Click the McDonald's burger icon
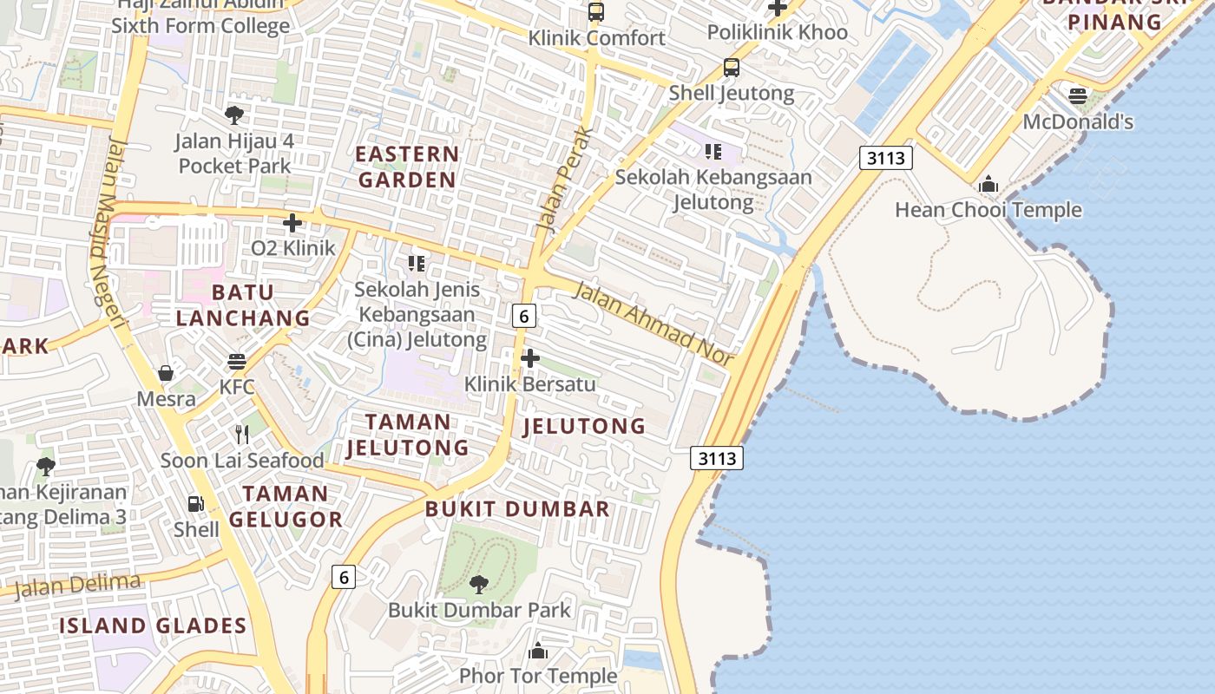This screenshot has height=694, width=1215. click(x=1078, y=96)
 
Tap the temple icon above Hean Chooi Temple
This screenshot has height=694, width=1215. click(x=988, y=185)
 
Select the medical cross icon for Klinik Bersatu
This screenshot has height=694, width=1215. click(x=529, y=358)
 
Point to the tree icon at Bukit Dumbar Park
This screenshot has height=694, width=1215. click(x=478, y=584)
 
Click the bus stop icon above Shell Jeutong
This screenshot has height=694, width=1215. click(x=732, y=68)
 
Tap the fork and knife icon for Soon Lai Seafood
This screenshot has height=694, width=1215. click(x=242, y=435)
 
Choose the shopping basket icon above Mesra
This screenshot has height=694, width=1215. click(x=166, y=373)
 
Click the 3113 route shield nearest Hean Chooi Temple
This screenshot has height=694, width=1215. click(x=886, y=158)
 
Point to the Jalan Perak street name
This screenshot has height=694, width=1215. click(x=564, y=180)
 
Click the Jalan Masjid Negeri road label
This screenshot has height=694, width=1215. click(x=108, y=234)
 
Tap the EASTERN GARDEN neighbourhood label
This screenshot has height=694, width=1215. click(x=407, y=167)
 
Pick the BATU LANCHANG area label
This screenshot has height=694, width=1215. click(x=243, y=305)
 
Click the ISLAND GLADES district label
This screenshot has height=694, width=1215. click(x=153, y=625)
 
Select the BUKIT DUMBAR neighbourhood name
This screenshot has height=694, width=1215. click(x=517, y=509)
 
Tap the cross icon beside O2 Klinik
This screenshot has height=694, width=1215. click(x=292, y=223)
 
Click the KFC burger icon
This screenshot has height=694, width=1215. click(x=237, y=361)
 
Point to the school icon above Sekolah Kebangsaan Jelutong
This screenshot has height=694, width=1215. click(x=713, y=153)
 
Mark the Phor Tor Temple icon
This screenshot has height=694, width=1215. click(x=538, y=651)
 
